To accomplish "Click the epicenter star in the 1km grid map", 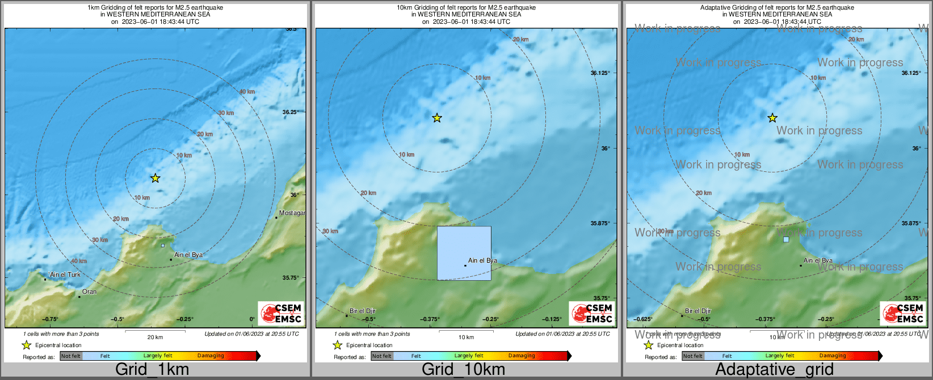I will click(155, 178).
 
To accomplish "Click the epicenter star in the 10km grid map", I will click(437, 118).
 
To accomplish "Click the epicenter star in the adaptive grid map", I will click(772, 118).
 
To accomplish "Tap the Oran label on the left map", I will click(89, 292).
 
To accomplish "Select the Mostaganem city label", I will click(292, 213).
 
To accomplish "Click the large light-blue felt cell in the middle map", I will click(464, 253).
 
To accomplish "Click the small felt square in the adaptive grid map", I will click(786, 239).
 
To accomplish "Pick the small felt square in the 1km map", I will click(163, 246).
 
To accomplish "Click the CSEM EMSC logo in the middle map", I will click(591, 313).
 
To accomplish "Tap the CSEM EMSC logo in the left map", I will click(280, 313).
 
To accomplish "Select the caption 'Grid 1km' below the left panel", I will click(152, 370).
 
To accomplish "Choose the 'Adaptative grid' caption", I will click(774, 370).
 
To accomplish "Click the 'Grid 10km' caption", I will click(463, 370).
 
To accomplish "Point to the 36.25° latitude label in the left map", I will click(290, 112).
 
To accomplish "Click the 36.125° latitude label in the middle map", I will click(600, 73).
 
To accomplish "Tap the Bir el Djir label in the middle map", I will click(363, 311).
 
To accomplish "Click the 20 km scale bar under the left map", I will click(155, 331).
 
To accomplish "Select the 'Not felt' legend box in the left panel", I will click(71, 356).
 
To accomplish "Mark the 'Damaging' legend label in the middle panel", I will click(522, 356).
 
